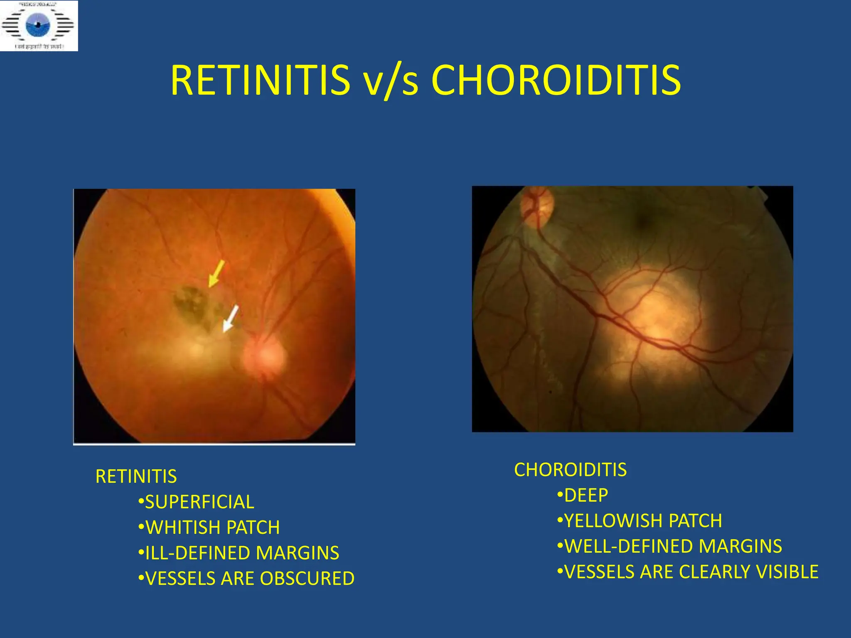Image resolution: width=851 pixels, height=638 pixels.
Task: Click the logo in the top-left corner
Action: tap(39, 26)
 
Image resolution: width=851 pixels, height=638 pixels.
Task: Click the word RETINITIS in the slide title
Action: tap(260, 80)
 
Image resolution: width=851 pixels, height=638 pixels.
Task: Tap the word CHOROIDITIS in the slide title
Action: tap(556, 80)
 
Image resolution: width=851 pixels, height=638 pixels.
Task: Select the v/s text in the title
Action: tap(390, 81)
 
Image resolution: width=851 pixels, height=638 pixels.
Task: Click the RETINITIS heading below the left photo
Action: tap(136, 476)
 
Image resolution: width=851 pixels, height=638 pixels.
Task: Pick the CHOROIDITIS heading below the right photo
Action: tap(570, 470)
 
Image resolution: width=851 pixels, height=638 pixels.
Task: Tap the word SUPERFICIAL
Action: tap(199, 502)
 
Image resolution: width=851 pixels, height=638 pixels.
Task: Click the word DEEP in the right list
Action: tap(586, 495)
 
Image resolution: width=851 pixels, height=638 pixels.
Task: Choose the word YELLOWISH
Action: tap(612, 521)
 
